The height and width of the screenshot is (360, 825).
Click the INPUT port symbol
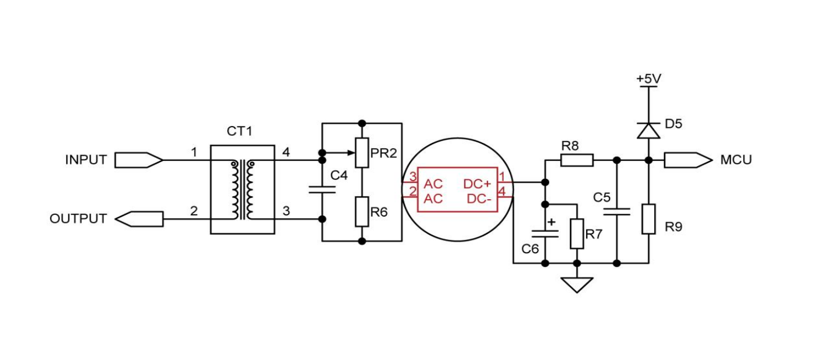138,160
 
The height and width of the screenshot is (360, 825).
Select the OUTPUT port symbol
139,219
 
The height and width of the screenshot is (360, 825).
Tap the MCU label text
736,160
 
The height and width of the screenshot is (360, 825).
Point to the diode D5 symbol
649,131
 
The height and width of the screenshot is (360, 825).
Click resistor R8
576,160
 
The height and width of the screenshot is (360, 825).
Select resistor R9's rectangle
649,219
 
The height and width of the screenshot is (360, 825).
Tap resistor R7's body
577,233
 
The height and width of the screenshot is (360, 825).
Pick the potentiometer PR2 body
362,153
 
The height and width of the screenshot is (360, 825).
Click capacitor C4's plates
322,189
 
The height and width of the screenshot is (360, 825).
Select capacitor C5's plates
617,210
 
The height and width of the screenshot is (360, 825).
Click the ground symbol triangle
577,285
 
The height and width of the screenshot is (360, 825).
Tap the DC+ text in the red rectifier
478,184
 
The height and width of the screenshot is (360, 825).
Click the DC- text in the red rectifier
479,199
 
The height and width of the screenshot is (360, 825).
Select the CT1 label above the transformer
239,132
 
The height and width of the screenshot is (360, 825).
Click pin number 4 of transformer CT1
286,152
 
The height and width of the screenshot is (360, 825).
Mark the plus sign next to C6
551,222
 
